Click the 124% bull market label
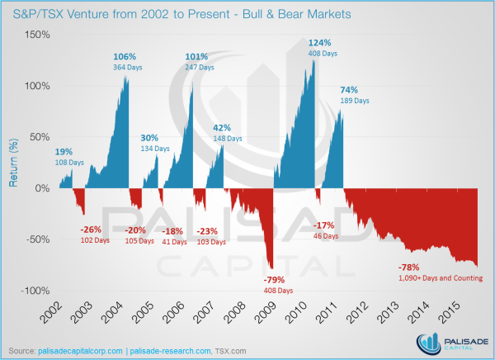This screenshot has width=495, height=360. point(320,42)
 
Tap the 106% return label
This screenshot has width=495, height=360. point(125,56)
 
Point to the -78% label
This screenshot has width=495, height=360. point(410,268)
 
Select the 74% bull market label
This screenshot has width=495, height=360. point(349,90)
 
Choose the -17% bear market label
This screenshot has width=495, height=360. point(324,225)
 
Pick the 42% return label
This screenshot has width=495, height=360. point(223,127)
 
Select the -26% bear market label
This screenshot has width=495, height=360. point(90,229)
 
